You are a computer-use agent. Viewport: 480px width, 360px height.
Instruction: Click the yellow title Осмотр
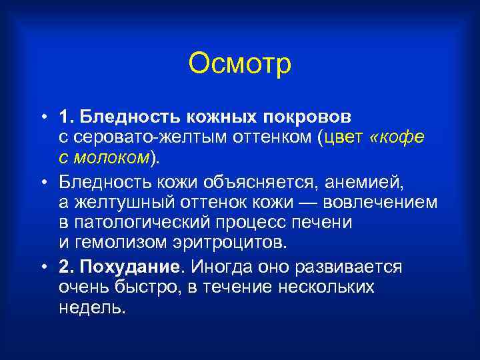tap(240, 64)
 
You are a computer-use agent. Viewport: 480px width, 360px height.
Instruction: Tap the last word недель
tap(92, 308)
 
